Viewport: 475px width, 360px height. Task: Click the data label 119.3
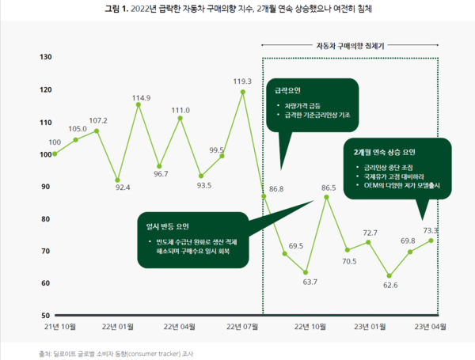(x=242, y=81)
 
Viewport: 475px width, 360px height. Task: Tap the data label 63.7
(x=310, y=282)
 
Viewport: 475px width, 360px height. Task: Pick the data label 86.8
(x=276, y=190)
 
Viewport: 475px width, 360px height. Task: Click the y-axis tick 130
(x=46, y=57)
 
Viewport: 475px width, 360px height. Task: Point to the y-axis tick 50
(x=46, y=315)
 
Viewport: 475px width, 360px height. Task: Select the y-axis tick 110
(x=46, y=122)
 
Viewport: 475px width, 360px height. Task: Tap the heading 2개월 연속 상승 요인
(x=384, y=151)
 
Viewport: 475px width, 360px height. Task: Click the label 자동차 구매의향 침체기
(x=351, y=47)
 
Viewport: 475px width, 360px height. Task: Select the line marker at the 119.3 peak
(x=242, y=92)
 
